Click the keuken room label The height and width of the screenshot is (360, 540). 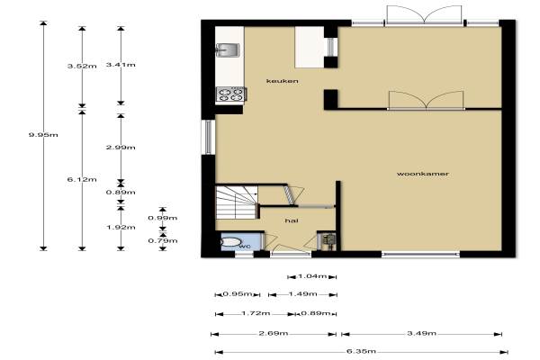coord(282,81)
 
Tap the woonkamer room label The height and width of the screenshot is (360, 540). coord(423,174)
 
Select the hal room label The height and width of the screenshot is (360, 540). coord(292,220)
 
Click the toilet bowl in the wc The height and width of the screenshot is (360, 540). coord(230,242)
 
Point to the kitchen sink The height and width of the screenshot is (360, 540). coord(228,50)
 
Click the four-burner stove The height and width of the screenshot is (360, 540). coord(230,94)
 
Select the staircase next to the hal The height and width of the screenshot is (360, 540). coord(237,202)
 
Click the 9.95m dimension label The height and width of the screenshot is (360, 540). coord(43,135)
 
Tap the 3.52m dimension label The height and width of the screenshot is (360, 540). coord(82,66)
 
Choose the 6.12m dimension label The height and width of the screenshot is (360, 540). coord(82,179)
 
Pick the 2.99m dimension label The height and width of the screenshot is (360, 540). coord(121,148)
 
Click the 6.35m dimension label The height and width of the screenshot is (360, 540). coord(361,351)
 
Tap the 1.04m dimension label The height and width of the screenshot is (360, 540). coord(312,276)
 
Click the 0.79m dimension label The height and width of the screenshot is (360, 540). coord(163,240)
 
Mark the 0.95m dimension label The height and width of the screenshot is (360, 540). coord(238,294)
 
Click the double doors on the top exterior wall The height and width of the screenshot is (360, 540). coord(424,15)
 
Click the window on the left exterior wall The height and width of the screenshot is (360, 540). coord(209,137)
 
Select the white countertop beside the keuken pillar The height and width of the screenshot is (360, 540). coord(310,47)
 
